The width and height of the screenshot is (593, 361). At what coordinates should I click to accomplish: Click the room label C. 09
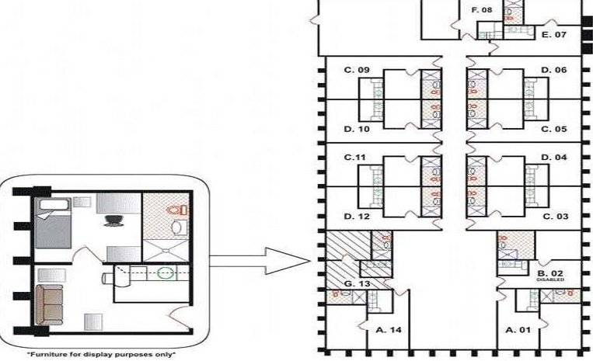[x=357, y=71]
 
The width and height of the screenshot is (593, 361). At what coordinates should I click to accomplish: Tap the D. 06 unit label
[x=555, y=71]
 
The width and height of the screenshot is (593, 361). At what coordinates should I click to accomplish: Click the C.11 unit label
[x=355, y=158]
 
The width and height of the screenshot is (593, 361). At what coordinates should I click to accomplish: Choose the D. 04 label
[x=555, y=158]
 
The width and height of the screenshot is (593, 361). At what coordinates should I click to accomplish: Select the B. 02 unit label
[x=550, y=273]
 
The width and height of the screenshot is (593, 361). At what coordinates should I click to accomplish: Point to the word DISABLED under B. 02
[x=550, y=280]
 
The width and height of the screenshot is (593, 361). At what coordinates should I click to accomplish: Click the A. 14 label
[x=389, y=330]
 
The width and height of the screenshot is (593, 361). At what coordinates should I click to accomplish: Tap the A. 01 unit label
[x=518, y=330]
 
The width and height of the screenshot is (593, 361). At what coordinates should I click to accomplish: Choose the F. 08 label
[x=482, y=11]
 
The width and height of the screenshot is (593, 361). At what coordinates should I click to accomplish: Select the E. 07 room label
[x=555, y=35]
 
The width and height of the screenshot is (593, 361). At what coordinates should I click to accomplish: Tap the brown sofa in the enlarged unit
[x=52, y=303]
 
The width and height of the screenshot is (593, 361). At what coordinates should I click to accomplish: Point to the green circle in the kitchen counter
[x=165, y=272]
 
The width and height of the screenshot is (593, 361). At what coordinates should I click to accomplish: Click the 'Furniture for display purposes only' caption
[x=106, y=354]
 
